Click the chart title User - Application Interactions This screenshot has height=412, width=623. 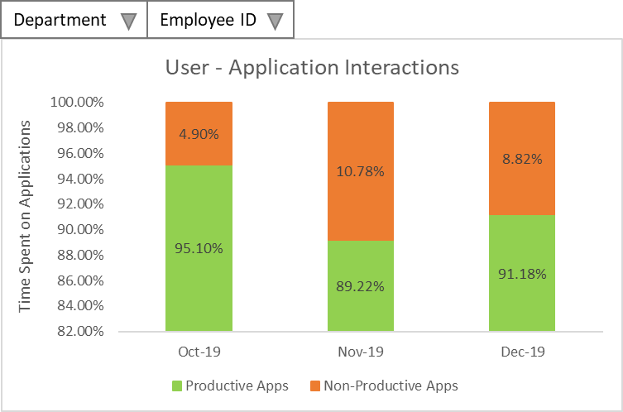click(311, 67)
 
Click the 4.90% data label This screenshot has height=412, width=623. click(199, 134)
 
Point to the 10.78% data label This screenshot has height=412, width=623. click(360, 171)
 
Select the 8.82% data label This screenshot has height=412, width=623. click(522, 159)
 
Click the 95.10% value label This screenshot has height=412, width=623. click(199, 248)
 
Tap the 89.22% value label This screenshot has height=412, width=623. click(360, 286)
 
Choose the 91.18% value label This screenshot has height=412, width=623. click(522, 274)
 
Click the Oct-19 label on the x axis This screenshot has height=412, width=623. click(199, 352)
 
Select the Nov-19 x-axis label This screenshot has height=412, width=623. click(360, 352)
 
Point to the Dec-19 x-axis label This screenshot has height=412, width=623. click(522, 352)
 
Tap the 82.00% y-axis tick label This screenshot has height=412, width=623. click(100, 332)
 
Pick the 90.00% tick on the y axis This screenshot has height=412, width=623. click(100, 230)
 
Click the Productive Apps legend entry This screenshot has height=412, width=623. click(230, 386)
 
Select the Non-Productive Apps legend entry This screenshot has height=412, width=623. click(383, 386)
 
